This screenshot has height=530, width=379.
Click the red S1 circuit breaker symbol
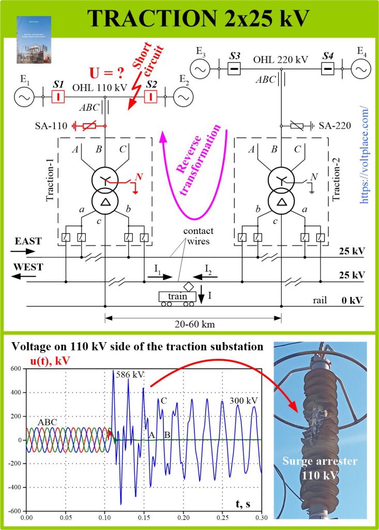point(58,97)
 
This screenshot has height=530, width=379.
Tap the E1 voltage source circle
point(24,97)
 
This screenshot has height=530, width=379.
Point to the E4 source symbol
point(360,68)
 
